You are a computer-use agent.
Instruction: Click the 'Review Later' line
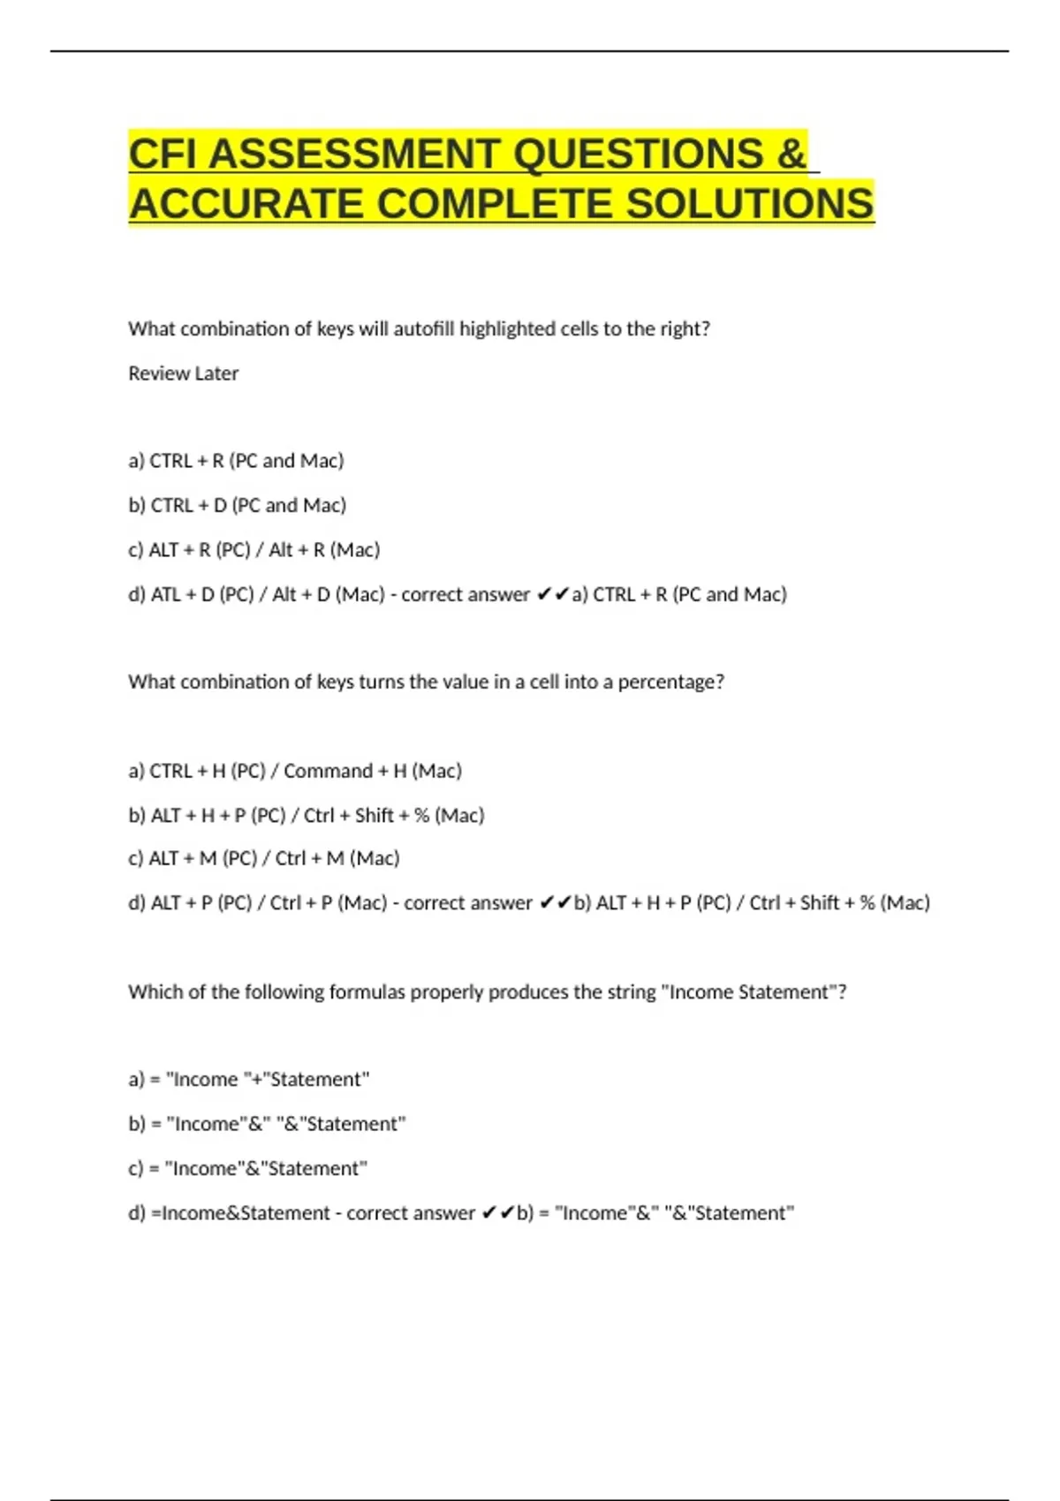pos(183,373)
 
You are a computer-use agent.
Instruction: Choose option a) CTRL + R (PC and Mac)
pos(236,461)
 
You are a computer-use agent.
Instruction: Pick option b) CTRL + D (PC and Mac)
pos(237,505)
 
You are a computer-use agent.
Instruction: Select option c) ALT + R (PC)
pos(254,550)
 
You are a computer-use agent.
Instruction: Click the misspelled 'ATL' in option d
pos(166,594)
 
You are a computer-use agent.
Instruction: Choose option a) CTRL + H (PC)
pos(294,771)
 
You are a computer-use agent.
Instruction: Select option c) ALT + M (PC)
pos(263,858)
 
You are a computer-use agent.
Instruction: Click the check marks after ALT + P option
pos(555,902)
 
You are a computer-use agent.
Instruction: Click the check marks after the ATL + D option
pos(552,594)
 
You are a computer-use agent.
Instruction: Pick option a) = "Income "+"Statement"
pos(248,1079)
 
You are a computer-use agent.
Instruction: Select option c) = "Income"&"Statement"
pos(247,1168)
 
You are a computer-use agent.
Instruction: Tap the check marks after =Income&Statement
pos(497,1213)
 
